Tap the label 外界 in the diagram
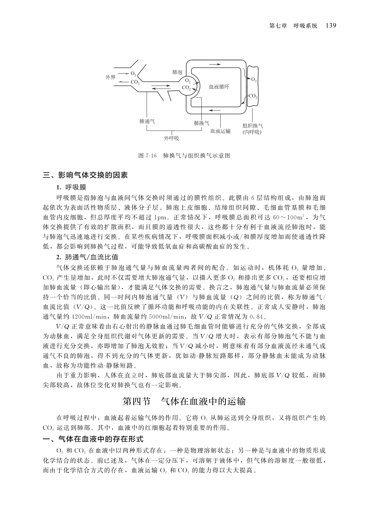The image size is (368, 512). (x=110, y=77)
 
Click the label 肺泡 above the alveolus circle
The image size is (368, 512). (x=177, y=72)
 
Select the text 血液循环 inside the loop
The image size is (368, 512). (x=219, y=87)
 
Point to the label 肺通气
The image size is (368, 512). (x=147, y=121)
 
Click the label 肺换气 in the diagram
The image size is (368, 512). (x=201, y=123)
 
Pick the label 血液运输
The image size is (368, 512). (x=220, y=131)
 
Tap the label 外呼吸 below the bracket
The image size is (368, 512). (x=171, y=138)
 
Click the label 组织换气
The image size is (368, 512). (x=252, y=126)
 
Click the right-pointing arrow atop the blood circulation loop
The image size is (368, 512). (x=215, y=64)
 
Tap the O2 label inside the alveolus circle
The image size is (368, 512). (x=188, y=81)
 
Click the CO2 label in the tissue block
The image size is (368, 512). (x=253, y=96)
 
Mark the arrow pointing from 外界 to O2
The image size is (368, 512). (x=123, y=73)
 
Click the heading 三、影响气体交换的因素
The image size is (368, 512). (x=85, y=175)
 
